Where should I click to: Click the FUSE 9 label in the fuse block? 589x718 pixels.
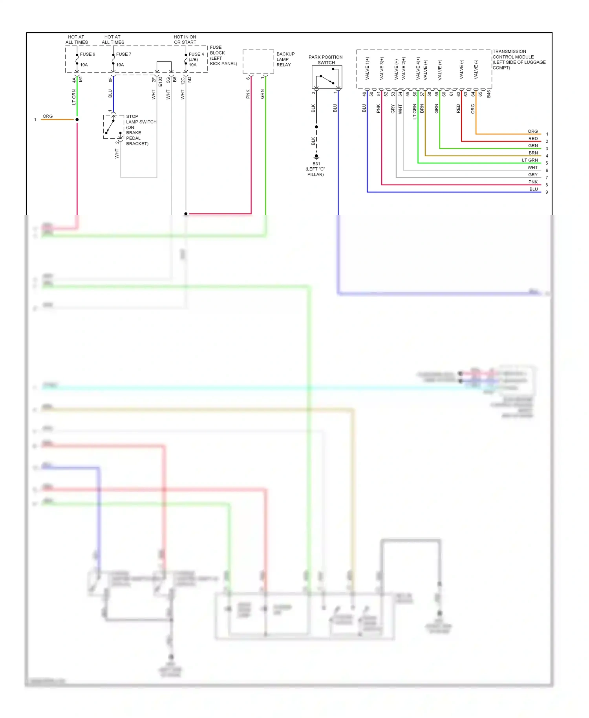[x=88, y=54]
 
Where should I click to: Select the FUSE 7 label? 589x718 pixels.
[x=124, y=54]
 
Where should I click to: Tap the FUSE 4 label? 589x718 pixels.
[x=196, y=54]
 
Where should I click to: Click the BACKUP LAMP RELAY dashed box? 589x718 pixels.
[x=258, y=61]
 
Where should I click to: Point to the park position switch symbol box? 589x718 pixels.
[x=327, y=77]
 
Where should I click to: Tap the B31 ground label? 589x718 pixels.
[x=316, y=164]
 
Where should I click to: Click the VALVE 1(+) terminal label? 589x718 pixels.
[x=367, y=68]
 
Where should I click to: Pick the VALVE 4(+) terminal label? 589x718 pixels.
[x=418, y=68]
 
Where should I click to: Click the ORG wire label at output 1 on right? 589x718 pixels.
[x=532, y=131]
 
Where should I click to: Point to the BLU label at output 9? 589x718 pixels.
[x=533, y=189]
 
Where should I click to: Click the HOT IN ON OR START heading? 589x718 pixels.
[x=185, y=40]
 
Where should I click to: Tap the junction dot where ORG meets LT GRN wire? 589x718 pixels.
[x=77, y=119]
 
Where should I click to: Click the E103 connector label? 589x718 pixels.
[x=160, y=82]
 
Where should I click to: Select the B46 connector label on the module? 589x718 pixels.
[x=488, y=94]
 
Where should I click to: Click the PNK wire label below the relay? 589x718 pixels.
[x=248, y=94]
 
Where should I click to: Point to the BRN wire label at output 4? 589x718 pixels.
[x=533, y=153]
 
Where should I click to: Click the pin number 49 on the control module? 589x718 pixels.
[x=364, y=94]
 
